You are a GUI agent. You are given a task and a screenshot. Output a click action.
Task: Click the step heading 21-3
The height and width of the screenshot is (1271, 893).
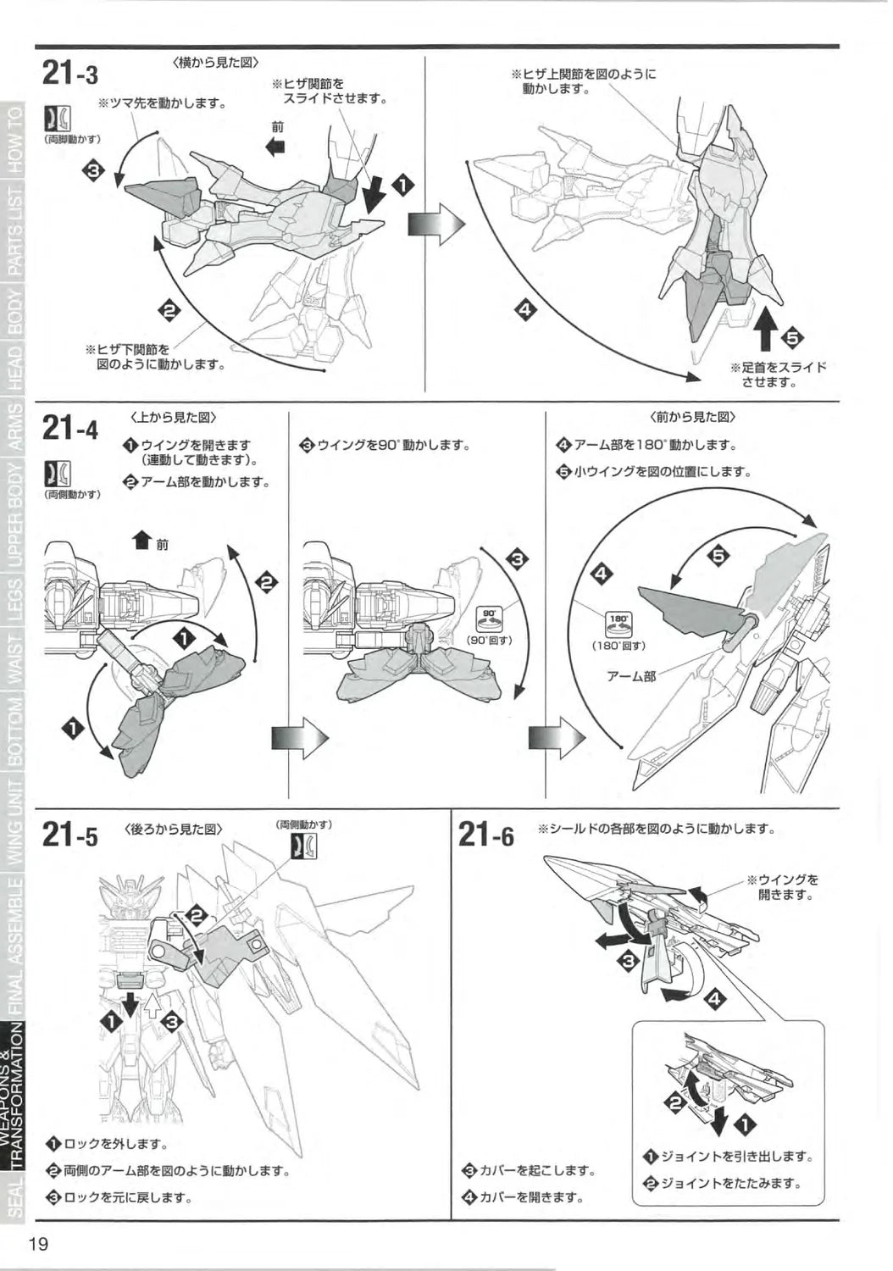tap(69, 75)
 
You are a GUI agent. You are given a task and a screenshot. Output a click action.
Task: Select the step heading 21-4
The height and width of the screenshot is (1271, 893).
tap(69, 428)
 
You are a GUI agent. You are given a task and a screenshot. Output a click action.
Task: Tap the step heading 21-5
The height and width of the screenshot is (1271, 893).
tap(69, 836)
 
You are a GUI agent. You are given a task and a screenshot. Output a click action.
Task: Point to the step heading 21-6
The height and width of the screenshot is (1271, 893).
tap(485, 836)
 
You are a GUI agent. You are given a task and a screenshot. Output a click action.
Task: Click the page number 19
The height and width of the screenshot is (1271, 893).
tap(37, 1245)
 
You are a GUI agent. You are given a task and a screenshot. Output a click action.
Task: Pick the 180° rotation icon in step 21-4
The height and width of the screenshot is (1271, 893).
tap(618, 624)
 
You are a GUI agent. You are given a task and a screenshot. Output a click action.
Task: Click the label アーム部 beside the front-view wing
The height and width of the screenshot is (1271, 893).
tap(631, 676)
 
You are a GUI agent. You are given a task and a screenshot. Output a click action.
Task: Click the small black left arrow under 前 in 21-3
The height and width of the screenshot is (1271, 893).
tap(275, 147)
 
